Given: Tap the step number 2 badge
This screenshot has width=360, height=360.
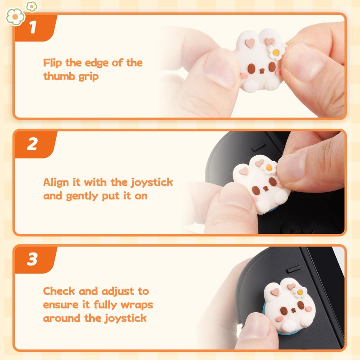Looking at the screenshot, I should [32, 144].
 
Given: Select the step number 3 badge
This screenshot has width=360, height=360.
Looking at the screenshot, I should [32, 260].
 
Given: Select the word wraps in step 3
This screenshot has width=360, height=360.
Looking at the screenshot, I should [137, 305].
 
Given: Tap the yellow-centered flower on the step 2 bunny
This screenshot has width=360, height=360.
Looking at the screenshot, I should [269, 167].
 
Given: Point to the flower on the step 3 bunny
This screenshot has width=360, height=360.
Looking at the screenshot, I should [299, 292].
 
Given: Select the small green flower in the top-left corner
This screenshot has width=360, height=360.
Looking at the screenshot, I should [31, 6].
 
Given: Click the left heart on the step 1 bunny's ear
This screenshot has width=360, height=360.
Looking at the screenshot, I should [251, 43].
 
